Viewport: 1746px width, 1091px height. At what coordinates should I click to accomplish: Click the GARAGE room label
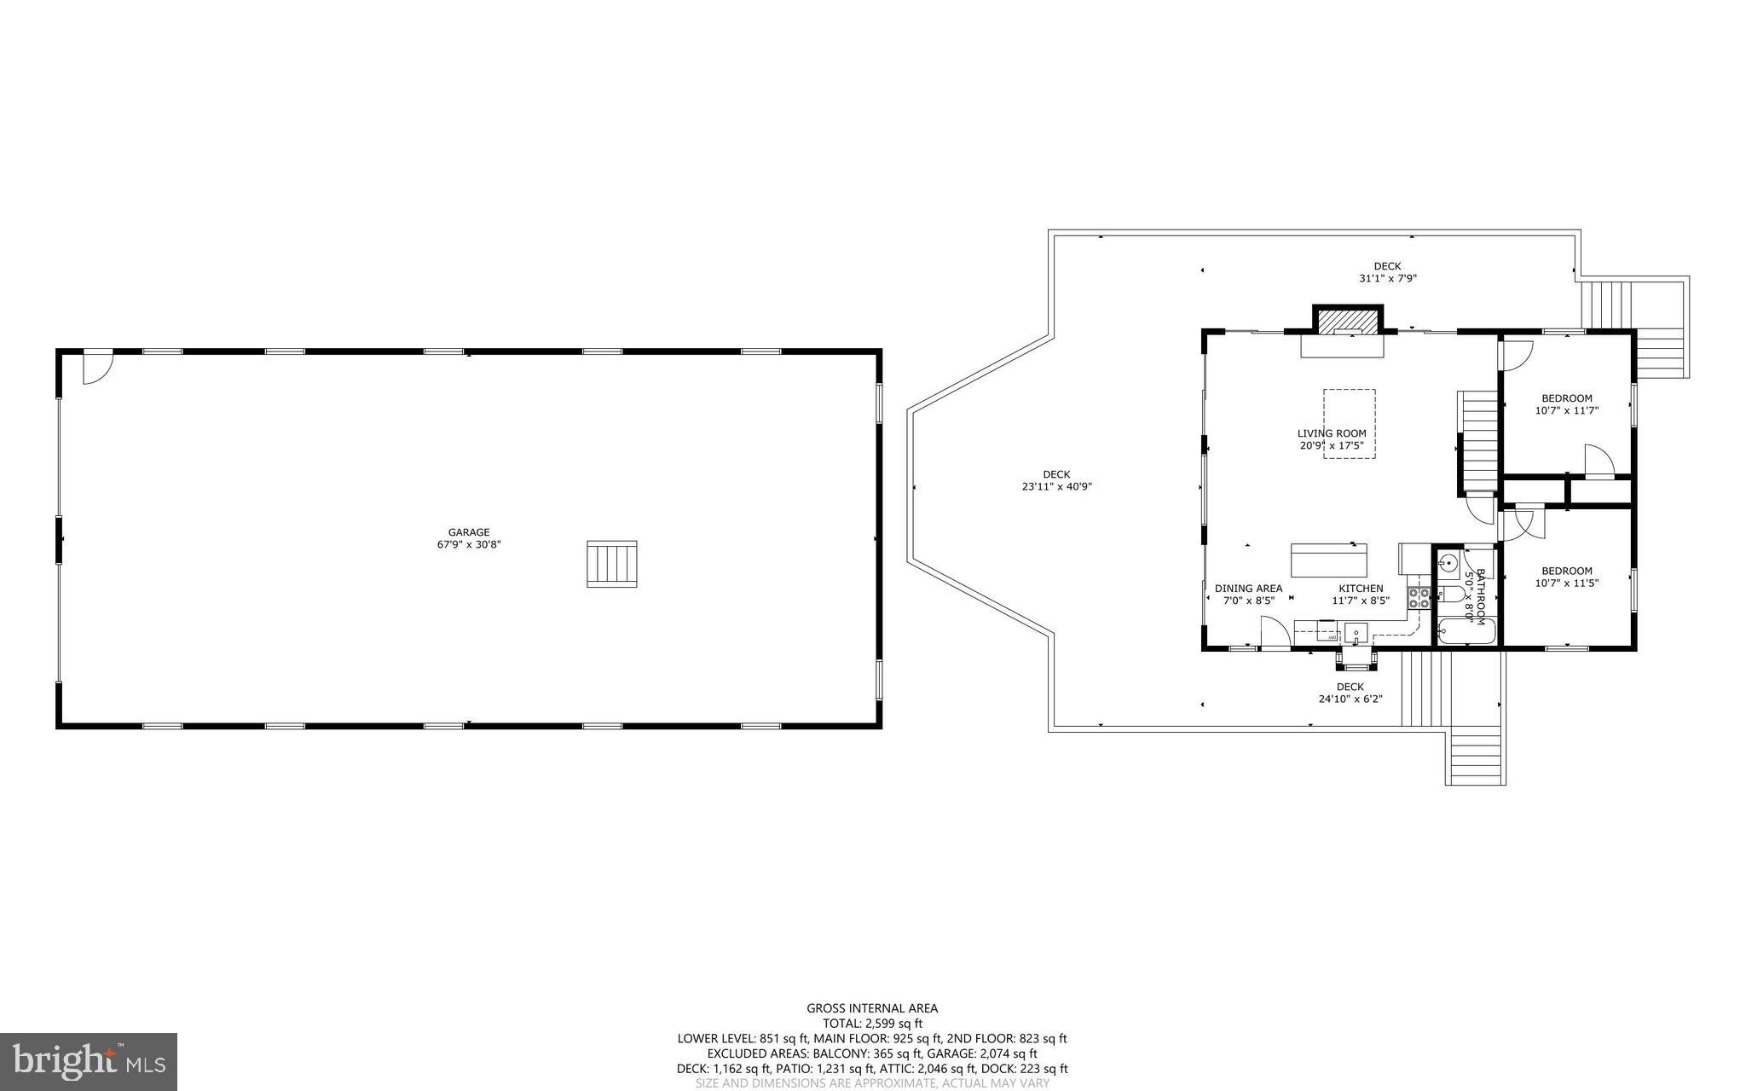click(x=469, y=532)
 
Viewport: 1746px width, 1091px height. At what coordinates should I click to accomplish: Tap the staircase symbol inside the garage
click(x=611, y=564)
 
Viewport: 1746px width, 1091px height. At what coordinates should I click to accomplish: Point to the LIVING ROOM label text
click(x=1332, y=433)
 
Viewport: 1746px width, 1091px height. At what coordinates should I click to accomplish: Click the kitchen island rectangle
click(x=1329, y=560)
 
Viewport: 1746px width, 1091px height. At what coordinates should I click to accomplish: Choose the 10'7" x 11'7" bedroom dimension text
click(x=1566, y=410)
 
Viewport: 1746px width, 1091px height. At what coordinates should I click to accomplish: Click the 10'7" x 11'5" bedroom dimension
click(x=1566, y=583)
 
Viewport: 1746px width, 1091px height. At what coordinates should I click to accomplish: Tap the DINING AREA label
click(x=1248, y=589)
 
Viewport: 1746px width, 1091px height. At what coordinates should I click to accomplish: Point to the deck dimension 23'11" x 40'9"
click(x=1056, y=487)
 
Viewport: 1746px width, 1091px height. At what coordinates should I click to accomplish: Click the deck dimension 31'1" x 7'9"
click(x=1387, y=278)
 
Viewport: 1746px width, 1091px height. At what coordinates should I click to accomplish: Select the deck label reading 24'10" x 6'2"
click(x=1350, y=699)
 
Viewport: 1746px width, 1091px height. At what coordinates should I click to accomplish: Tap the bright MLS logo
click(x=89, y=1060)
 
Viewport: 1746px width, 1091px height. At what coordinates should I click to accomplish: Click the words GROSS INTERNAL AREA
click(x=872, y=1008)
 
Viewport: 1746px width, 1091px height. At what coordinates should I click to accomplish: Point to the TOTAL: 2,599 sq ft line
click(x=872, y=1024)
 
